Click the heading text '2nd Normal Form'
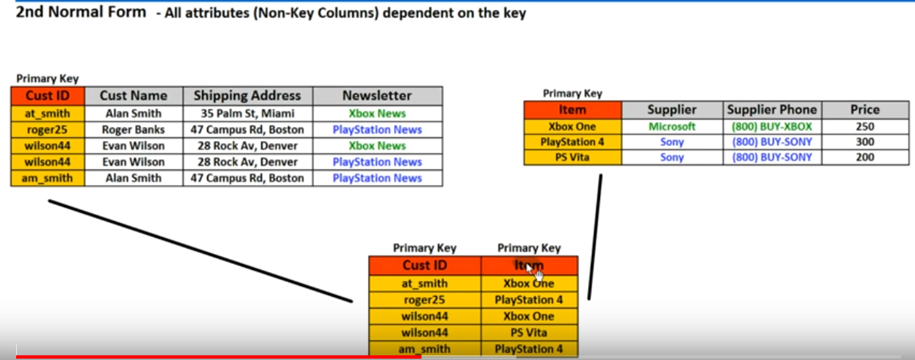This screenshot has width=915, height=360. (x=81, y=13)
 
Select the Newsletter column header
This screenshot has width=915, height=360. (x=377, y=95)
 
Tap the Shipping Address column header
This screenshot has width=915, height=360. (x=248, y=95)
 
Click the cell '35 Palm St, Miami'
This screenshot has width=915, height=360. (x=248, y=114)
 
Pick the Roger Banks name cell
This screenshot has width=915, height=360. (x=134, y=130)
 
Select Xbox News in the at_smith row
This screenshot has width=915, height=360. (x=377, y=114)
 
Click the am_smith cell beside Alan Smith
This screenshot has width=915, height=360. (x=48, y=178)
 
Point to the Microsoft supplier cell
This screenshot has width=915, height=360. (x=672, y=126)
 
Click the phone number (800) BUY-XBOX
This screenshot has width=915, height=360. (x=772, y=126)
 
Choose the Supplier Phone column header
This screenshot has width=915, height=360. (x=772, y=109)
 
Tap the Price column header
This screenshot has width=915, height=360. (x=865, y=109)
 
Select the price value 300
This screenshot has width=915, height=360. (x=865, y=142)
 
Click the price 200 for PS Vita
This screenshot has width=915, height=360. (x=865, y=157)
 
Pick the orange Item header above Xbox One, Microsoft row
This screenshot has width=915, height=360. (x=573, y=109)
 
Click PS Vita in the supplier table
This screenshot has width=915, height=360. (x=573, y=157)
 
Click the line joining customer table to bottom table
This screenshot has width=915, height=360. (x=201, y=251)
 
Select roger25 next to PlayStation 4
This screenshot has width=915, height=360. (x=424, y=300)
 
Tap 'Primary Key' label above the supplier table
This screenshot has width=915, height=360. (x=573, y=94)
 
